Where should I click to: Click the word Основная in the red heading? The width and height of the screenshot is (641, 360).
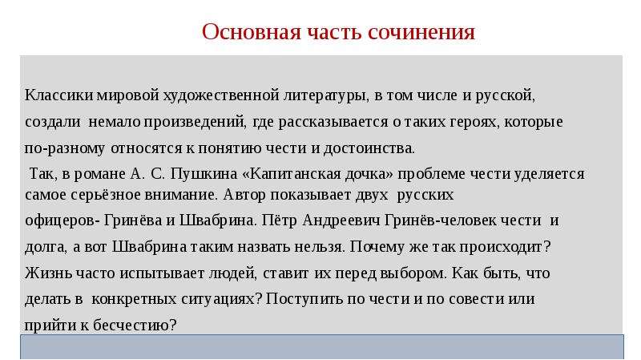click(x=251, y=32)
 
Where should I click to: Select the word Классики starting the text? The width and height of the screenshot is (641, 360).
click(x=58, y=95)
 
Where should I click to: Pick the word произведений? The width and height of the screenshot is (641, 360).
click(x=195, y=123)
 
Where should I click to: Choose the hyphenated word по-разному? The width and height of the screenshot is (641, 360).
click(x=65, y=148)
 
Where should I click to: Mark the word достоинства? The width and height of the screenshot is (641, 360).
click(x=369, y=148)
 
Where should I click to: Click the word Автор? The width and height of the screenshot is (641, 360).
click(x=244, y=195)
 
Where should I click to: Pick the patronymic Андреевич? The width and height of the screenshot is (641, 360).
click(x=341, y=220)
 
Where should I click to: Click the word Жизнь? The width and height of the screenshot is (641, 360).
click(x=48, y=273)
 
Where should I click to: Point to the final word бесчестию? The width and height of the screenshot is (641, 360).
click(x=135, y=326)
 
